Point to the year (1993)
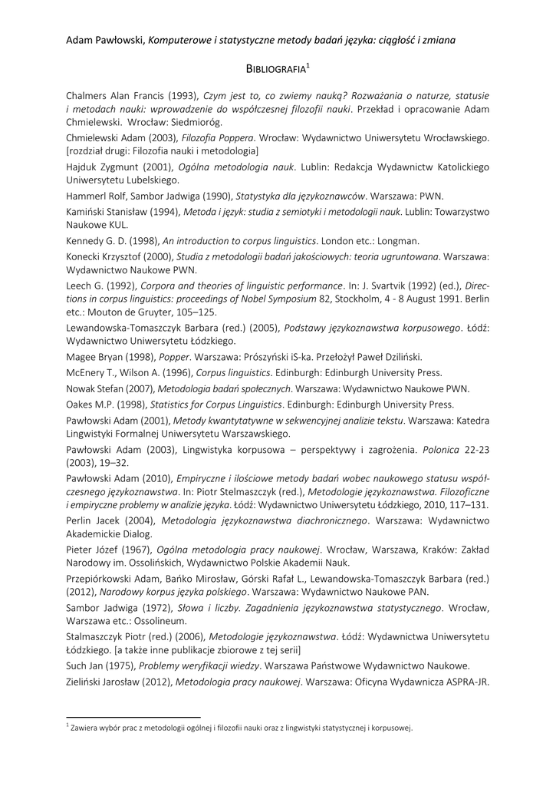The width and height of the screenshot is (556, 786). (181, 96)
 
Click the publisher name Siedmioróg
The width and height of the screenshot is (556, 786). (197, 122)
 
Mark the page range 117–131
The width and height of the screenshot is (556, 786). (472, 504)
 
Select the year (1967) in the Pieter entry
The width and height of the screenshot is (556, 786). (135, 549)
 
